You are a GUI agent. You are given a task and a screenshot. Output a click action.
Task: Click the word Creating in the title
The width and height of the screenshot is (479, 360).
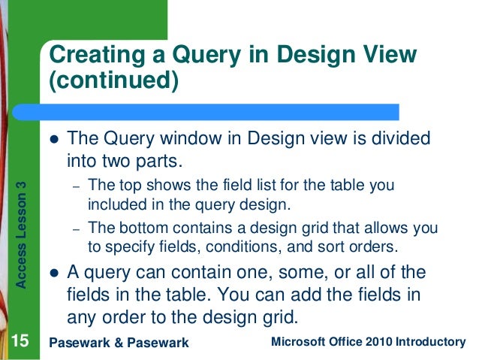[x=96, y=55]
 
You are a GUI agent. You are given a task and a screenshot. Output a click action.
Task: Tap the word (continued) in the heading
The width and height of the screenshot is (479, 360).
[x=114, y=80]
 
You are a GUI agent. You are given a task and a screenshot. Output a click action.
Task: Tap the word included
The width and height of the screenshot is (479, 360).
[x=113, y=204]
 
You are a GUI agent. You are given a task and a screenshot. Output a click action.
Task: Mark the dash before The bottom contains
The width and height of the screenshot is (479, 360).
[x=74, y=228]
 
